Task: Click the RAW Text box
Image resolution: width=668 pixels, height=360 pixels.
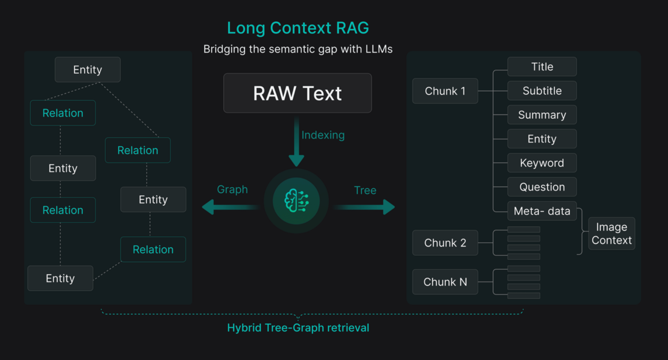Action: click(297, 93)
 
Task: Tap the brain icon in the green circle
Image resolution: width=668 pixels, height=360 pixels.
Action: click(296, 201)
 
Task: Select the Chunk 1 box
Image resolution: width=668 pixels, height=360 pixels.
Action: click(445, 91)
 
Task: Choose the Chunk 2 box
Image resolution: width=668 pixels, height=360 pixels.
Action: click(445, 243)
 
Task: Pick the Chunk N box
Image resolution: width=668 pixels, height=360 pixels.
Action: click(445, 282)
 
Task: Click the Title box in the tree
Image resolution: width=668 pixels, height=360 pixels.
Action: click(542, 66)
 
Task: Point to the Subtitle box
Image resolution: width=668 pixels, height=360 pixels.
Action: click(542, 90)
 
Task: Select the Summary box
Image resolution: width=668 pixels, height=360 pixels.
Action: click(542, 114)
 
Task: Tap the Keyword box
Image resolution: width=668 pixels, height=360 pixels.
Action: click(542, 163)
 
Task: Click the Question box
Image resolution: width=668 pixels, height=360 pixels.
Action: click(542, 187)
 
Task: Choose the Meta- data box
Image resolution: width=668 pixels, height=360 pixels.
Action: click(542, 211)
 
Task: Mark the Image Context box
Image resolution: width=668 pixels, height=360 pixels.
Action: click(612, 233)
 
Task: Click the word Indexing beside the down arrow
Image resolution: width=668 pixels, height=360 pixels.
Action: click(323, 135)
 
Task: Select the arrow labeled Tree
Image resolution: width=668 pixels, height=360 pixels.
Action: click(364, 207)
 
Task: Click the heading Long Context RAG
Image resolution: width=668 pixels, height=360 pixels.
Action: click(298, 28)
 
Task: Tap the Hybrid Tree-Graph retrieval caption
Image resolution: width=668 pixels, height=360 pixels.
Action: click(298, 328)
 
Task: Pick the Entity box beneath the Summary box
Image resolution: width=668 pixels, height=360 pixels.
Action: click(542, 139)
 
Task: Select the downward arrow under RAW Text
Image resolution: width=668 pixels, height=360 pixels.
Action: click(296, 141)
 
